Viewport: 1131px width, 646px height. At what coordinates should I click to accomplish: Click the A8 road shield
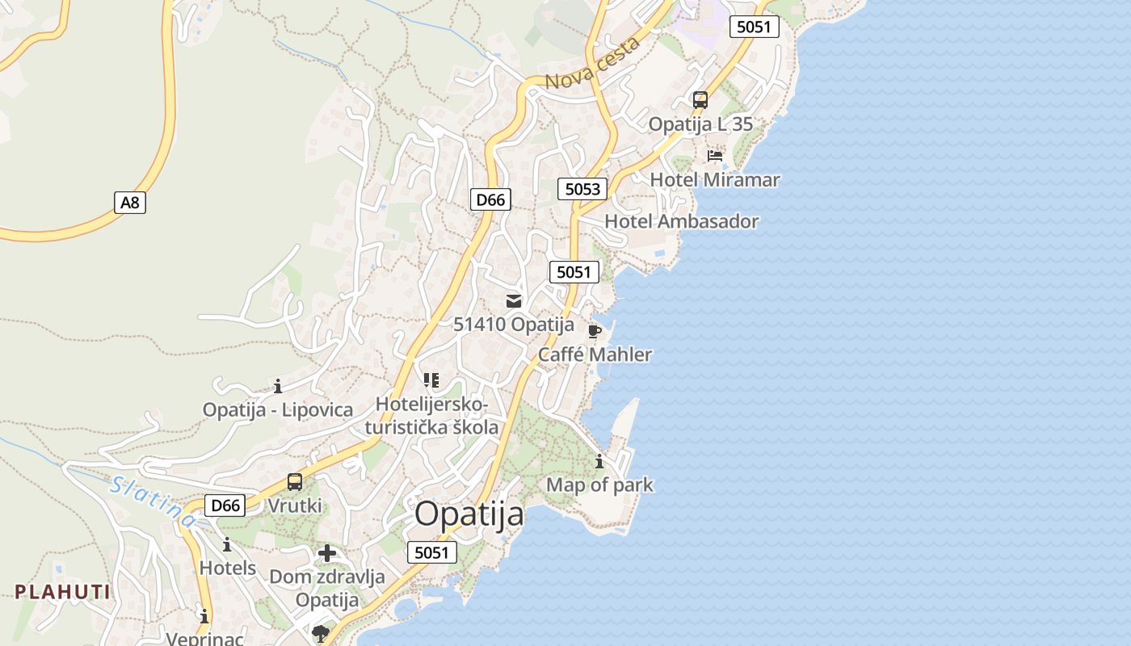(130, 202)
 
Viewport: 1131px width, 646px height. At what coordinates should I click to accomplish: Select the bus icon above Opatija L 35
(700, 100)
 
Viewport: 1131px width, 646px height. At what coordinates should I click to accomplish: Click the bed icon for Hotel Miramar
(715, 155)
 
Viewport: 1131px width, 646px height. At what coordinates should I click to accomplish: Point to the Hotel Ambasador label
(682, 221)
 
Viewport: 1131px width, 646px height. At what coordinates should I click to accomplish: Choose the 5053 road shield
(582, 189)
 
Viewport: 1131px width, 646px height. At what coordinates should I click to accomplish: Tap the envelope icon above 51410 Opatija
(514, 301)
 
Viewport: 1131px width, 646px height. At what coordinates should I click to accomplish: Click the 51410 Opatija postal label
(514, 325)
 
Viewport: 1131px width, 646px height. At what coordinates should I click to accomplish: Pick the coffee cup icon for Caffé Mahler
(595, 331)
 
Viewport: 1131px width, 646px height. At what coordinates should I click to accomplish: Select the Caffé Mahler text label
(595, 354)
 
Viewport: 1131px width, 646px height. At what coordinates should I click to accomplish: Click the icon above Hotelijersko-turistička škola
(431, 380)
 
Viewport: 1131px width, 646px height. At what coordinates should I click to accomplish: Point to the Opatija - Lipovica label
(278, 409)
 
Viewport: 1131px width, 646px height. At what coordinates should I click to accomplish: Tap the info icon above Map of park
(599, 462)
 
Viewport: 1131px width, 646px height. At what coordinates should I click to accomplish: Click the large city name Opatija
(469, 514)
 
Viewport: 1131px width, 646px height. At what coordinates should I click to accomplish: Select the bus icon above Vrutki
(295, 482)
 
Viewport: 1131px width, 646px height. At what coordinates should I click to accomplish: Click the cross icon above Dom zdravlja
(327, 553)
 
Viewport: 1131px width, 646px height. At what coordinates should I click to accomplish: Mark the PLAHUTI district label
(62, 592)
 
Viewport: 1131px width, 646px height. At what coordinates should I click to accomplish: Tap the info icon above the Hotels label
(227, 544)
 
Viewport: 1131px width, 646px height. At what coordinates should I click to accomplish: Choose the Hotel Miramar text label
(715, 179)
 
